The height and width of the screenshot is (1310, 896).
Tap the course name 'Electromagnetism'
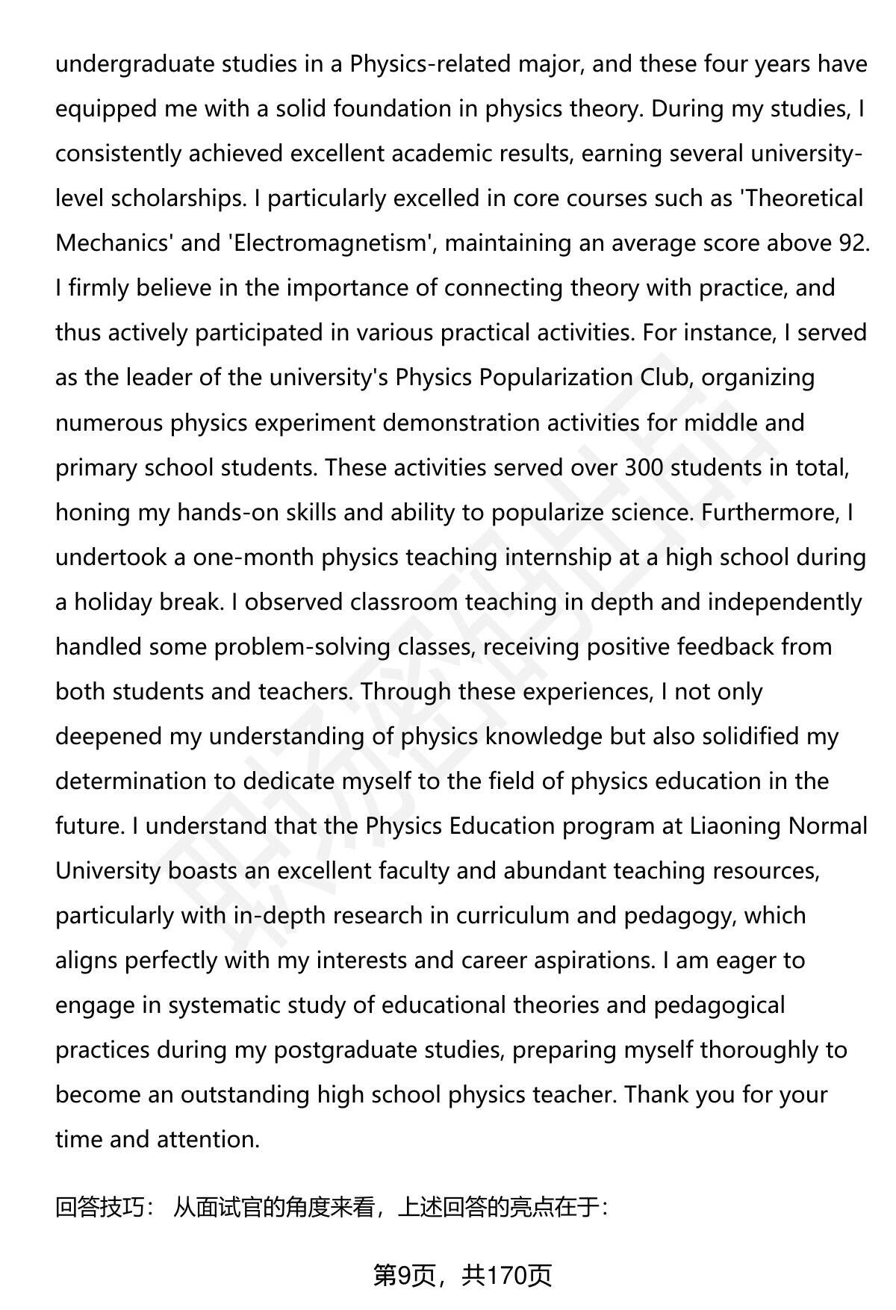click(x=329, y=243)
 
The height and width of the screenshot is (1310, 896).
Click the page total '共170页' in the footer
click(x=506, y=1276)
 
